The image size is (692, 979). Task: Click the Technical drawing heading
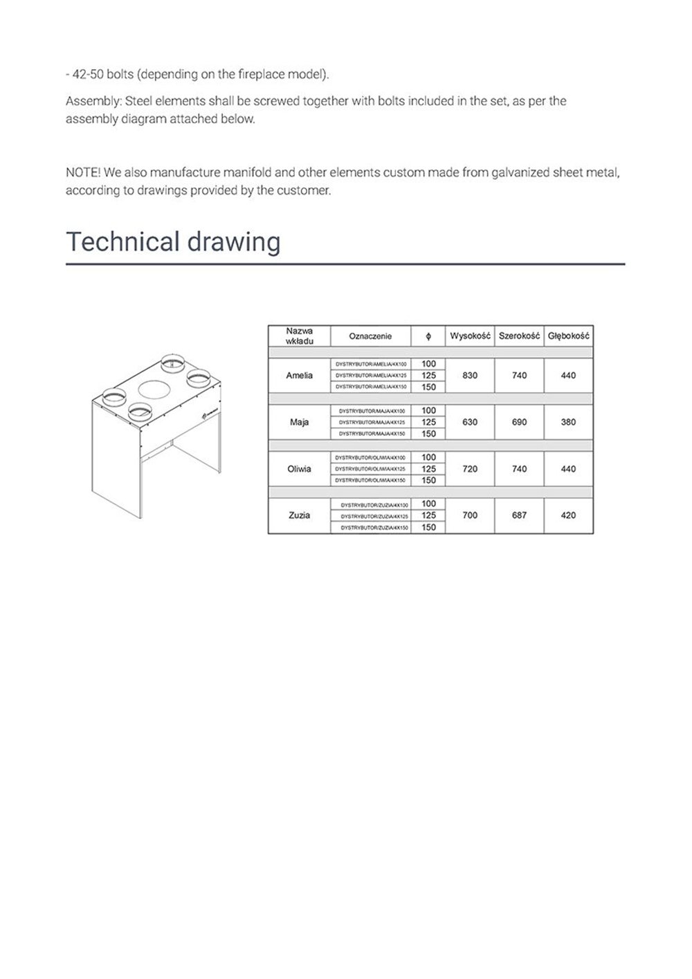click(173, 242)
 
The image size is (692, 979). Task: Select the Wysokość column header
click(470, 336)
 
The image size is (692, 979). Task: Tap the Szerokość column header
click(519, 336)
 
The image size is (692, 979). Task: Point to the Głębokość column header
click(568, 336)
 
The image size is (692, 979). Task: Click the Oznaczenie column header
click(370, 336)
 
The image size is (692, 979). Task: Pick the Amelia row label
click(299, 376)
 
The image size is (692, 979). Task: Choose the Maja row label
click(299, 422)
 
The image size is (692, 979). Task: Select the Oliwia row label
click(299, 469)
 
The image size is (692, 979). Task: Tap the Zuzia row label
click(299, 515)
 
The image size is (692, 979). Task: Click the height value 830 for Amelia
click(470, 376)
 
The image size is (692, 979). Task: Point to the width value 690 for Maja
click(519, 422)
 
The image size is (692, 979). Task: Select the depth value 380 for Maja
click(568, 422)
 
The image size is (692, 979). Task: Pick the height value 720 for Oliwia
click(470, 469)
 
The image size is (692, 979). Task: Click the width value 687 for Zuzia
click(519, 515)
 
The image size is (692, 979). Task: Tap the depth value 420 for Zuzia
click(568, 515)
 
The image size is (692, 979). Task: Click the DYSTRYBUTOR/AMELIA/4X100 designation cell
click(371, 364)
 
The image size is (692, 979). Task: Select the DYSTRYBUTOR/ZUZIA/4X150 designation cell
click(371, 527)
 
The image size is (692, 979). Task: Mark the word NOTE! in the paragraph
click(82, 172)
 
